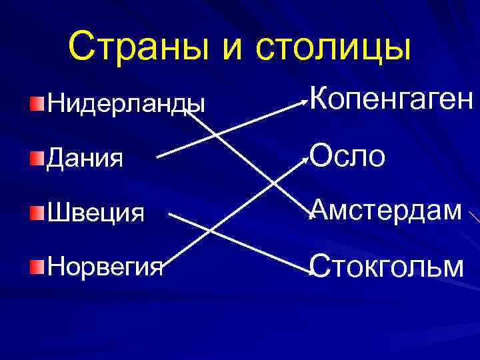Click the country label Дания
(x=84, y=159)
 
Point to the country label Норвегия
(x=105, y=267)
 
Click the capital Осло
(x=347, y=157)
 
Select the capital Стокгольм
(x=387, y=266)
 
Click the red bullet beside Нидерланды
(x=37, y=103)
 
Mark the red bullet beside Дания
(x=37, y=158)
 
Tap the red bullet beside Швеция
(x=37, y=213)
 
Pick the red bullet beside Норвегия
(x=37, y=267)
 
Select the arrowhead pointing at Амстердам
(x=308, y=213)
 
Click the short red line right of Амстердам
(x=475, y=217)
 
